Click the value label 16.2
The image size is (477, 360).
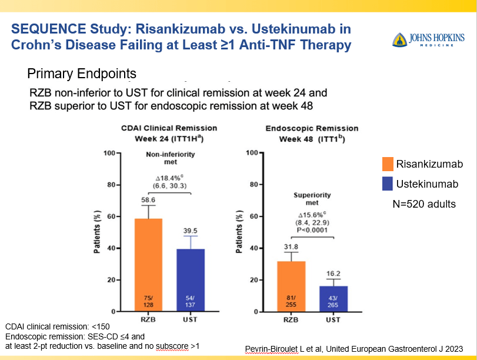click(333, 274)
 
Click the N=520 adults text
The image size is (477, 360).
click(424, 204)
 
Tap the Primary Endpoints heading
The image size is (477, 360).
click(82, 74)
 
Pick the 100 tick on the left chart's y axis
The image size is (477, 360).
click(107, 153)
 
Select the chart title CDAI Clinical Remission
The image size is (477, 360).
click(169, 128)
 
